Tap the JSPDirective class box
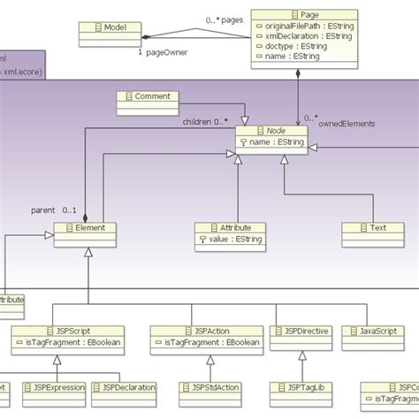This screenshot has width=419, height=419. [302, 331]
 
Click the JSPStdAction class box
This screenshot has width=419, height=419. [210, 387]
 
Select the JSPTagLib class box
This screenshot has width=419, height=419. [301, 387]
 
